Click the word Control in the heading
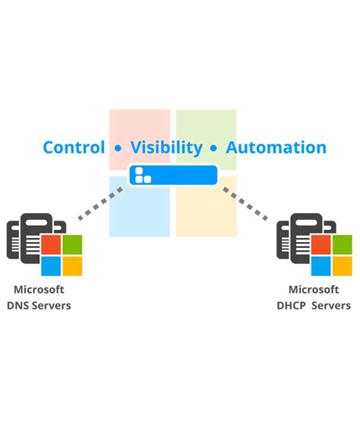(74, 148)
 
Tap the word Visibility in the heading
(166, 148)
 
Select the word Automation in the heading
(276, 148)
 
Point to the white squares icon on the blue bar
(141, 176)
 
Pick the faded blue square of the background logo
(139, 209)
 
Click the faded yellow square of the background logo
(206, 209)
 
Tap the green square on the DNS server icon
(72, 245)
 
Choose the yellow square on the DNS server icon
(72, 265)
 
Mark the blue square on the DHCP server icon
(321, 265)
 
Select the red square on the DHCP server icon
(321, 245)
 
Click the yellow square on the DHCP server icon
(343, 265)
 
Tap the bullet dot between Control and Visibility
(118, 148)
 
